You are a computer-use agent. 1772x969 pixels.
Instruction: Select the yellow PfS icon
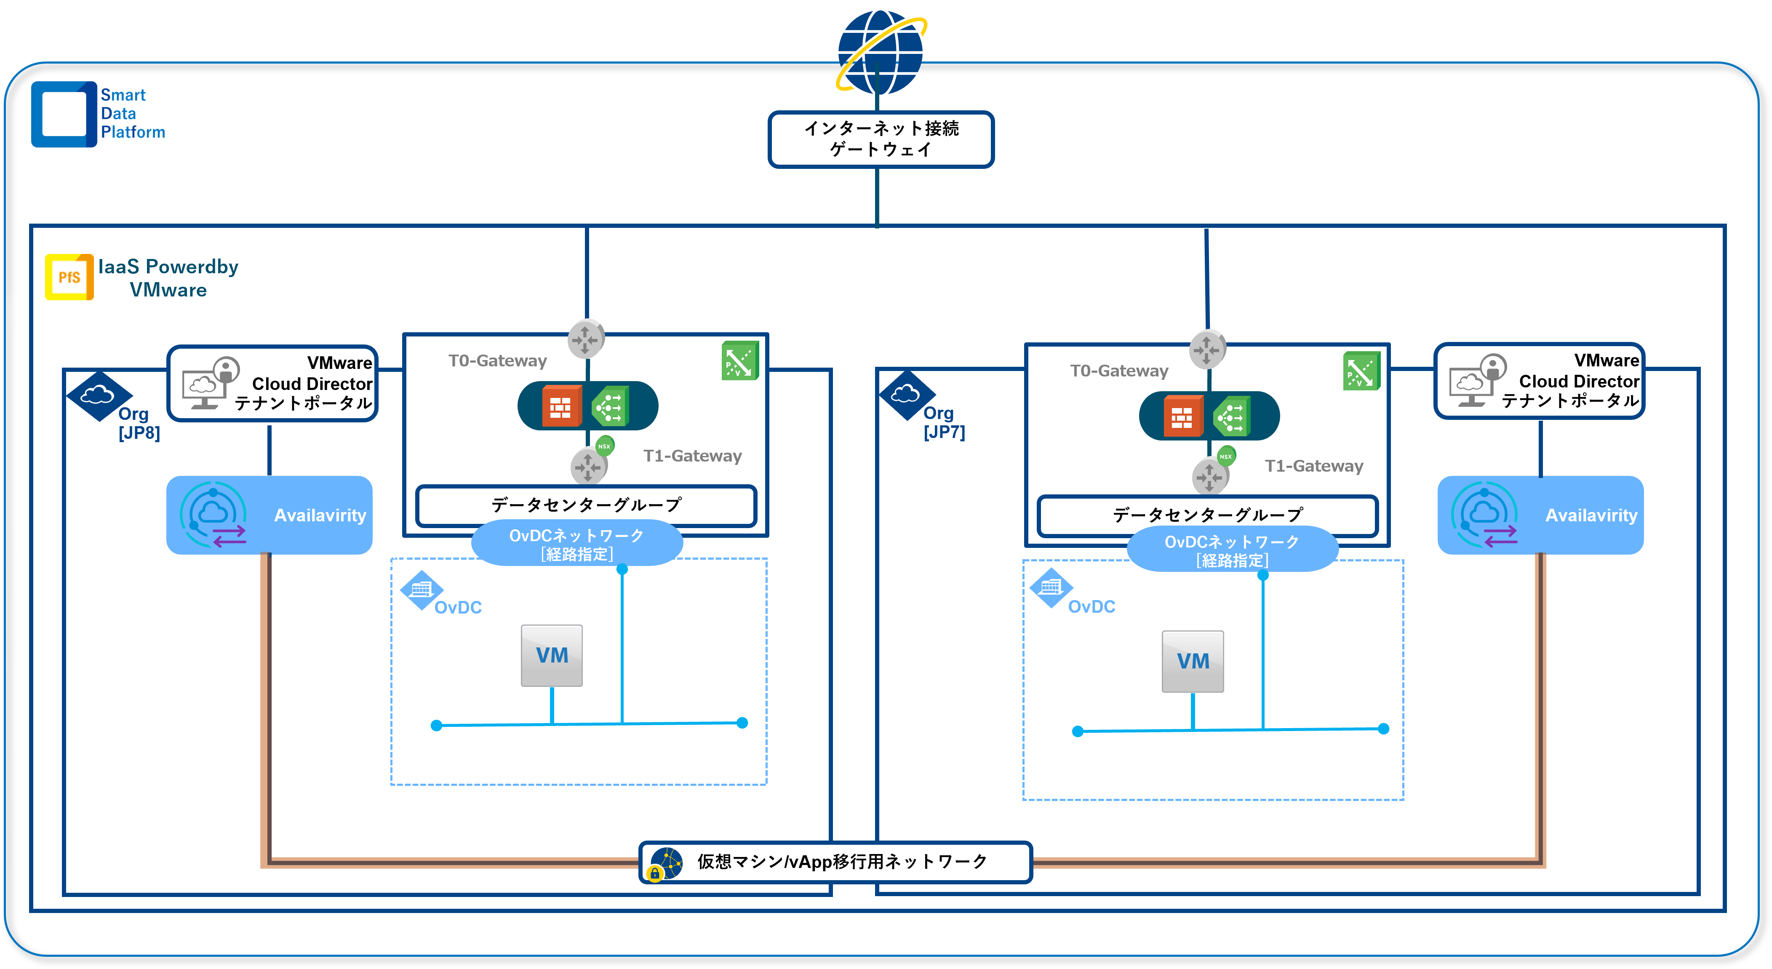point(69,277)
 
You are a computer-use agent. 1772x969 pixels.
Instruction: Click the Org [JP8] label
point(138,423)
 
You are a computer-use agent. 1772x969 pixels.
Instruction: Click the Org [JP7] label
point(944,422)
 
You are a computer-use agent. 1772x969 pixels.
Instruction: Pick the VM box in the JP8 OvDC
point(552,655)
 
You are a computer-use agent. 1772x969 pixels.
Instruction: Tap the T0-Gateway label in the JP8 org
point(497,360)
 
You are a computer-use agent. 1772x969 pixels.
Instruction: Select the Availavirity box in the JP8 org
point(269,515)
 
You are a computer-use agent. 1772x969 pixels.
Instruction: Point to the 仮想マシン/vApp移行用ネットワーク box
point(836,862)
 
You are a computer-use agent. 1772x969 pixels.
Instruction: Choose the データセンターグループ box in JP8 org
point(586,505)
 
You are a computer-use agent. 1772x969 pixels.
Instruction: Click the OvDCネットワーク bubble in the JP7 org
point(1232,550)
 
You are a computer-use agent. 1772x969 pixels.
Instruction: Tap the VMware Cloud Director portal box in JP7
point(1540,381)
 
